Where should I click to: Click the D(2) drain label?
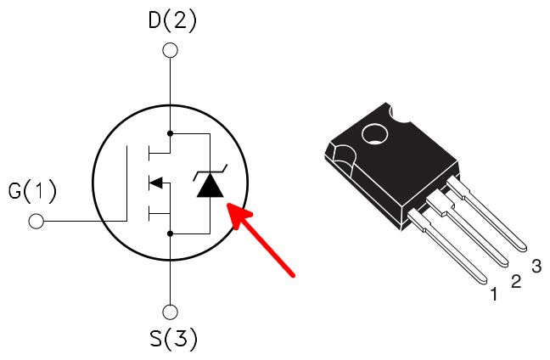tap(172, 21)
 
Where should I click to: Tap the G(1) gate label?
tap(32, 191)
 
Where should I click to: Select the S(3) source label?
tap(174, 339)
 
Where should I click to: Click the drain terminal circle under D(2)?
tap(170, 50)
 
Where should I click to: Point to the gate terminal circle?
tap(36, 221)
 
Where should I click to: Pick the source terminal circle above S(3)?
tap(170, 312)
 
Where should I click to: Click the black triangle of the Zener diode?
tap(210, 184)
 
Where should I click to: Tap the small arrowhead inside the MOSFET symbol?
tap(155, 183)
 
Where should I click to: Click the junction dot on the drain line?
tap(170, 133)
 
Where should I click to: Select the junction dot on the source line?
tap(170, 233)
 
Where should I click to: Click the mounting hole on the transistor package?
tap(374, 134)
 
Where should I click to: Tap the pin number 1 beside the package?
tap(494, 294)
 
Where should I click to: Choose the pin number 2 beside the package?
tap(516, 281)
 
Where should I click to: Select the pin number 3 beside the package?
tap(536, 266)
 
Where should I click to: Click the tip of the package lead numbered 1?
tap(485, 281)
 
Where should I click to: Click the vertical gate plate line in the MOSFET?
tap(126, 183)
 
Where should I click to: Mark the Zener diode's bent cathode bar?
tap(210, 172)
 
